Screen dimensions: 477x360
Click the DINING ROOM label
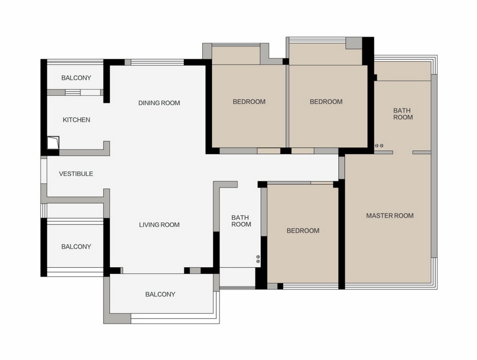click(x=159, y=103)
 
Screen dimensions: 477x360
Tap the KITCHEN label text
click(x=76, y=120)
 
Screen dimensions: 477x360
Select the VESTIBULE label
click(x=76, y=173)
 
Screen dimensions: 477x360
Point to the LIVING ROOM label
click(x=159, y=225)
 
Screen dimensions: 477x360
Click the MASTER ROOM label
click(x=390, y=216)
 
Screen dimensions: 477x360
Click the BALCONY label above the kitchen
click(x=76, y=78)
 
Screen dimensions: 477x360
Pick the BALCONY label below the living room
click(x=160, y=294)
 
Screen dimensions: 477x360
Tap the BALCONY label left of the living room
click(x=76, y=247)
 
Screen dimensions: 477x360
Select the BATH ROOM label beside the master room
click(x=403, y=114)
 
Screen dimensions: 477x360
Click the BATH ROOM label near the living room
click(x=241, y=221)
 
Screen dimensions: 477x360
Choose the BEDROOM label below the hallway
click(x=303, y=230)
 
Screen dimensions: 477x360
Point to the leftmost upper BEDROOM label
click(x=249, y=101)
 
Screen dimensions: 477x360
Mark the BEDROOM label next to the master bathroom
click(x=326, y=101)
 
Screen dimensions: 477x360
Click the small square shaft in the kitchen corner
click(x=53, y=143)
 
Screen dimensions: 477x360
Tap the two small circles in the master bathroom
click(x=379, y=146)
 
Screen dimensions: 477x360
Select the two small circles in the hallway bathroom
click(x=258, y=259)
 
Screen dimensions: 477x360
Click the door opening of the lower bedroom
click(x=322, y=183)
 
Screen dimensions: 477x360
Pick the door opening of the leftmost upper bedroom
click(x=269, y=151)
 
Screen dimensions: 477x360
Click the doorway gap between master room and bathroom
click(x=403, y=152)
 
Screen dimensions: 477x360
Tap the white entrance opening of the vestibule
click(x=44, y=171)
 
